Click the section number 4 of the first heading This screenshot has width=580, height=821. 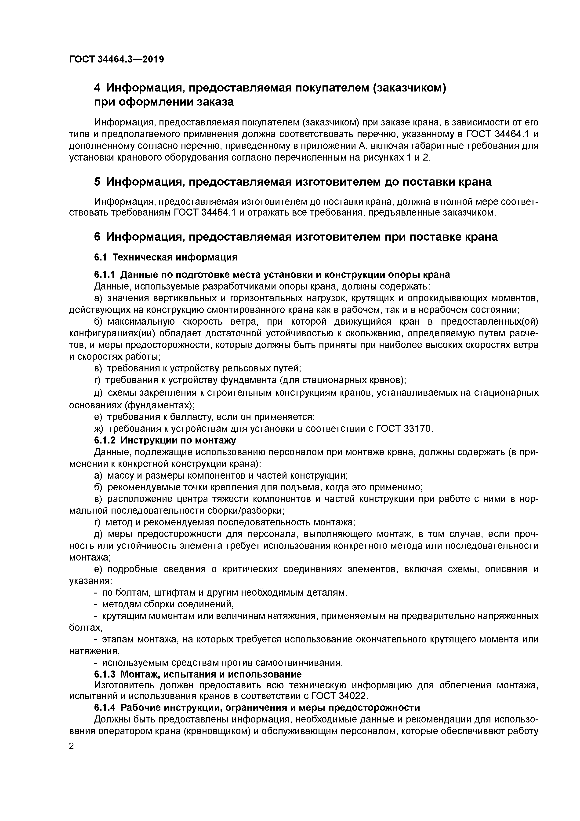click(x=98, y=88)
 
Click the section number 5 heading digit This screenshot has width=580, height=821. click(x=98, y=182)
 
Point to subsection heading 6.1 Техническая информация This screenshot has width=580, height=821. click(x=166, y=257)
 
